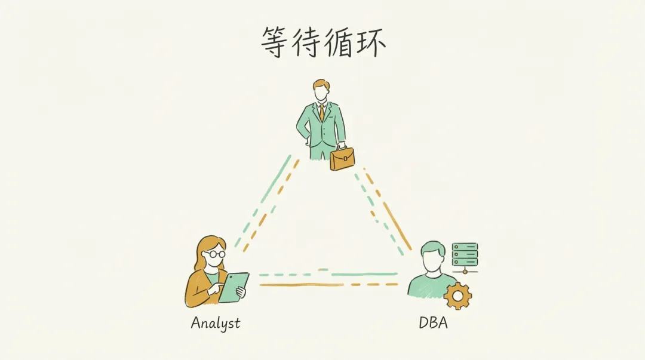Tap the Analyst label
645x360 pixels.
[x=215, y=324]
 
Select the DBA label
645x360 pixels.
[x=433, y=324]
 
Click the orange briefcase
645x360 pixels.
[x=342, y=158]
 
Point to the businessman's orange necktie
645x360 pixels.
[x=321, y=112]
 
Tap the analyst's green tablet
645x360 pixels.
[x=233, y=287]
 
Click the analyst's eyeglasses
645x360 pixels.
[x=214, y=254]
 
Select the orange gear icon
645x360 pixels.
[x=458, y=296]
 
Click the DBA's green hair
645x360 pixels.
[x=432, y=247]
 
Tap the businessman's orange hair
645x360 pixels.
[x=321, y=84]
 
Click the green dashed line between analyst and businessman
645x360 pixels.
[x=263, y=200]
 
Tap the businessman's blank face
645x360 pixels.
[x=321, y=93]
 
